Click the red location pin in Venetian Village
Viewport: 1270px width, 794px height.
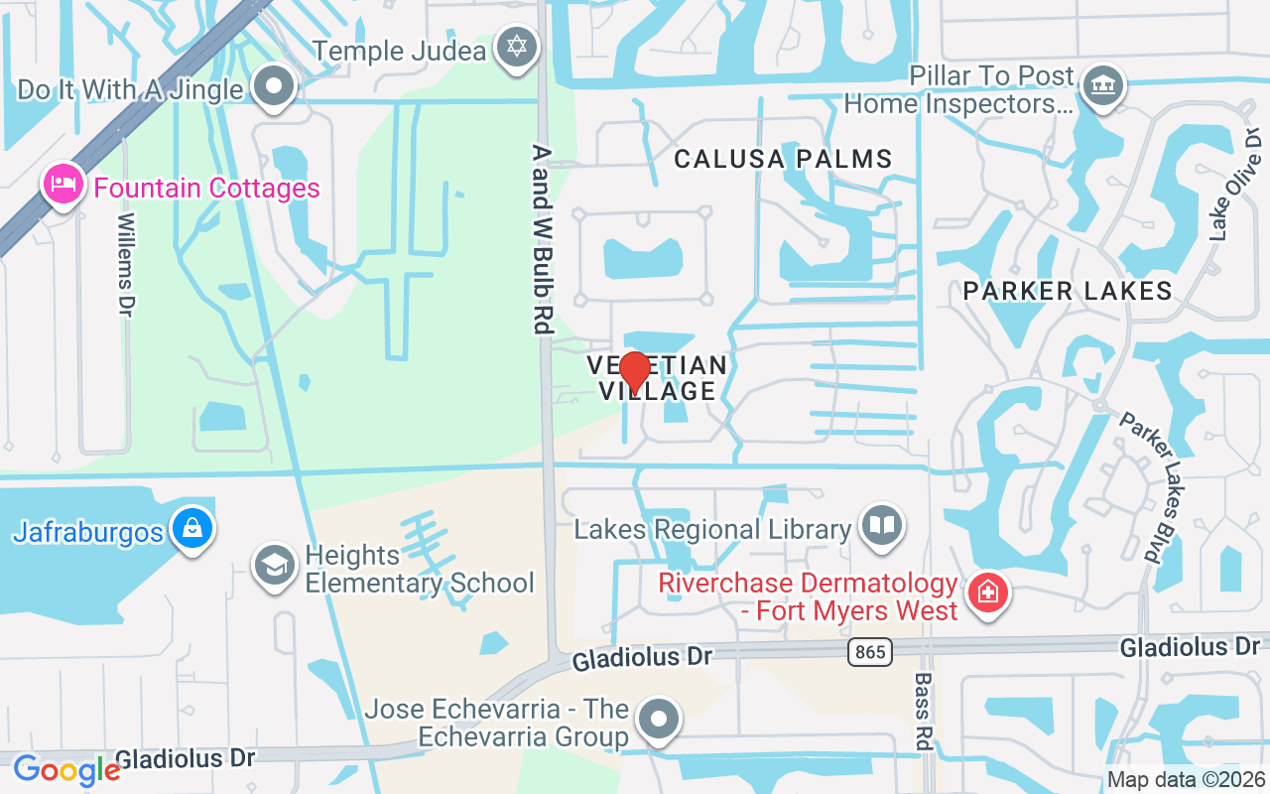[x=634, y=372]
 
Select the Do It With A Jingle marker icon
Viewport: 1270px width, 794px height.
[x=274, y=86]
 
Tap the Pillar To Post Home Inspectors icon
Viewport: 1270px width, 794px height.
[x=1100, y=84]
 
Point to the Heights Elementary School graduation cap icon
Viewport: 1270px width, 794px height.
[x=275, y=566]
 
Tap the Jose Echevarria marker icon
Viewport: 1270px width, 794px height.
[x=658, y=721]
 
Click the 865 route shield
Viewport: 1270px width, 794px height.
[x=870, y=652]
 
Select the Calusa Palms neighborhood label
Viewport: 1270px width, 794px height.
[x=783, y=159]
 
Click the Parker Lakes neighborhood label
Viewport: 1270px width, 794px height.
[x=1068, y=291]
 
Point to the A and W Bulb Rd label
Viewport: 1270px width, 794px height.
[x=541, y=238]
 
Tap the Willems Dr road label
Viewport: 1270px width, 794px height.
[x=126, y=265]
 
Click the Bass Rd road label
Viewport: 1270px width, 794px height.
[x=924, y=711]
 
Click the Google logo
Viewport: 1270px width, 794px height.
[x=65, y=769]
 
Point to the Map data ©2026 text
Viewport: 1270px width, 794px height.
[x=1186, y=779]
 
